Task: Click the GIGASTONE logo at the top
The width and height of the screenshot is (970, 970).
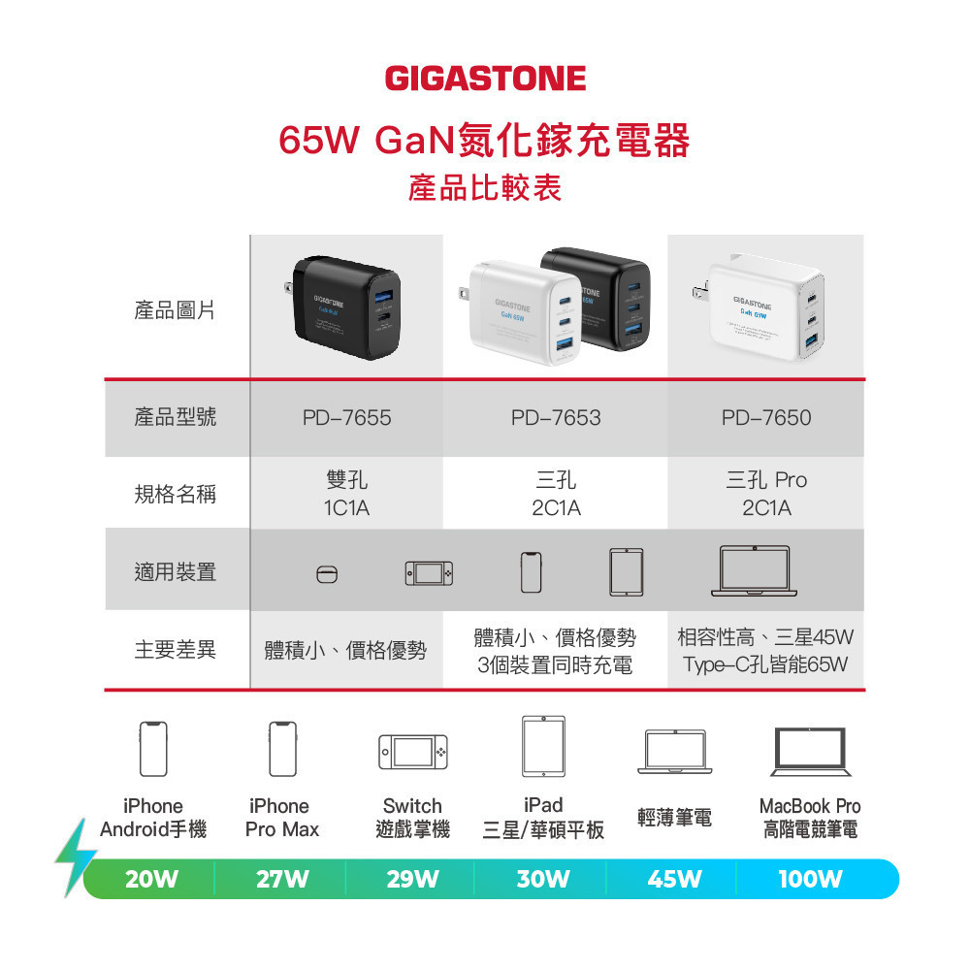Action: pyautogui.click(x=485, y=78)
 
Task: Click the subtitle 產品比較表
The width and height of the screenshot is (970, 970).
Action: pyautogui.click(x=485, y=187)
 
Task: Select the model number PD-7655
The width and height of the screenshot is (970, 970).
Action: pyautogui.click(x=346, y=418)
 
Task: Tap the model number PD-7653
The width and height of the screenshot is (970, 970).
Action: pyautogui.click(x=556, y=418)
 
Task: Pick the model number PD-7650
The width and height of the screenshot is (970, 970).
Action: pyautogui.click(x=766, y=418)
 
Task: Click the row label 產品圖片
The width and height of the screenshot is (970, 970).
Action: pyautogui.click(x=175, y=310)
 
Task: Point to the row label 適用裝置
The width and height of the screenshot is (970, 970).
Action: pyautogui.click(x=175, y=571)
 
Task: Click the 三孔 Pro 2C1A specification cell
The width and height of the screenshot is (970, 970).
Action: pyautogui.click(x=766, y=494)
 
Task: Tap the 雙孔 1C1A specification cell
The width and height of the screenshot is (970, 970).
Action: pyautogui.click(x=346, y=494)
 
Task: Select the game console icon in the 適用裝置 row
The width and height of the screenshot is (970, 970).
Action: pyautogui.click(x=429, y=573)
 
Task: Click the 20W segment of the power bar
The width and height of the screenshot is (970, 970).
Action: pyautogui.click(x=152, y=880)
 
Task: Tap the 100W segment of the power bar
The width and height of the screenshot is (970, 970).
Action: pyautogui.click(x=810, y=880)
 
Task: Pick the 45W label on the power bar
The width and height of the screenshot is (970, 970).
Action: pyautogui.click(x=674, y=880)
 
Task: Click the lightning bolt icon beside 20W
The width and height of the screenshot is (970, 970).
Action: pyautogui.click(x=75, y=857)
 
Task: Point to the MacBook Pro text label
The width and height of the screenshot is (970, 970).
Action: pyautogui.click(x=810, y=806)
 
